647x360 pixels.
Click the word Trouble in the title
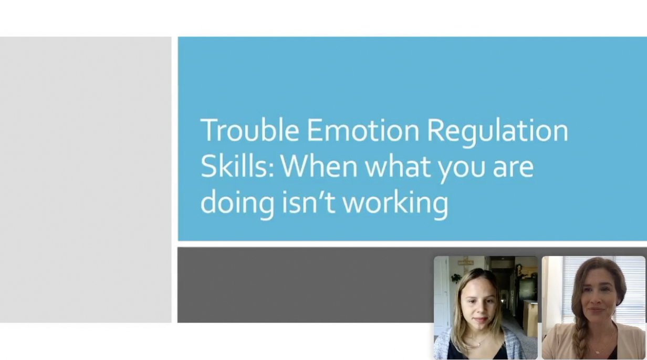pyautogui.click(x=249, y=130)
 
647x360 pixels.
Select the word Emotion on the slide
pyautogui.click(x=363, y=130)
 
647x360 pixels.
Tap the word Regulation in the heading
pyautogui.click(x=497, y=132)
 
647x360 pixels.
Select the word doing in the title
pyautogui.click(x=237, y=204)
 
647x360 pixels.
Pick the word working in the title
pyautogui.click(x=395, y=204)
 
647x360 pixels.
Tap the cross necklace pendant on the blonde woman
pyautogui.click(x=479, y=344)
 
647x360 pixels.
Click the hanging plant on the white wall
pyautogui.click(x=457, y=278)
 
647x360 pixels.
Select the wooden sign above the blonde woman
pyautogui.click(x=465, y=262)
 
